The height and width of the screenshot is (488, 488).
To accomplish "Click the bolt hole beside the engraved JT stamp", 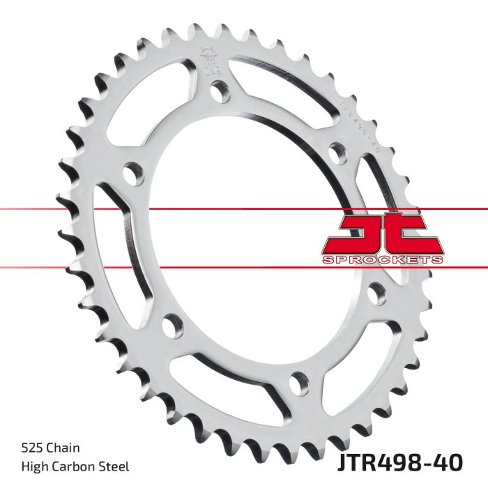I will pos(220,91).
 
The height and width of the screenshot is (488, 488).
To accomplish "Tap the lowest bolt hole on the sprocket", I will pos(298,382).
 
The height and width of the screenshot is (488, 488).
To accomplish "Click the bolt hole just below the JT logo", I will pos(376,293).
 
